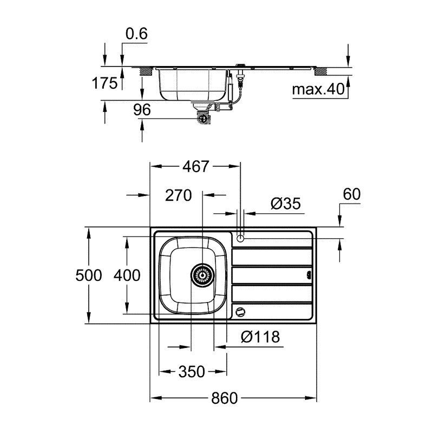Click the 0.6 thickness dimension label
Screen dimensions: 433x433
(x=136, y=34)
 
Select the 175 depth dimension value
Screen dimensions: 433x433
(x=105, y=83)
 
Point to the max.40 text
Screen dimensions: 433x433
(x=318, y=89)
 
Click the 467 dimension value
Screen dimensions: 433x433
(x=195, y=167)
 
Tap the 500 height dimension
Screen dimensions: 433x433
(x=88, y=275)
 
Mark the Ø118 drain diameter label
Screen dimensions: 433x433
(x=260, y=337)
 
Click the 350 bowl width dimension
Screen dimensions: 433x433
(x=192, y=372)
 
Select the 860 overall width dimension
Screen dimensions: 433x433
(x=224, y=399)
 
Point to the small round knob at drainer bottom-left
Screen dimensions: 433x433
(x=240, y=312)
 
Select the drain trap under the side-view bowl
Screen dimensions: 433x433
(x=204, y=115)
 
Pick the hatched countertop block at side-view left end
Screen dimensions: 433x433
(x=146, y=71)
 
